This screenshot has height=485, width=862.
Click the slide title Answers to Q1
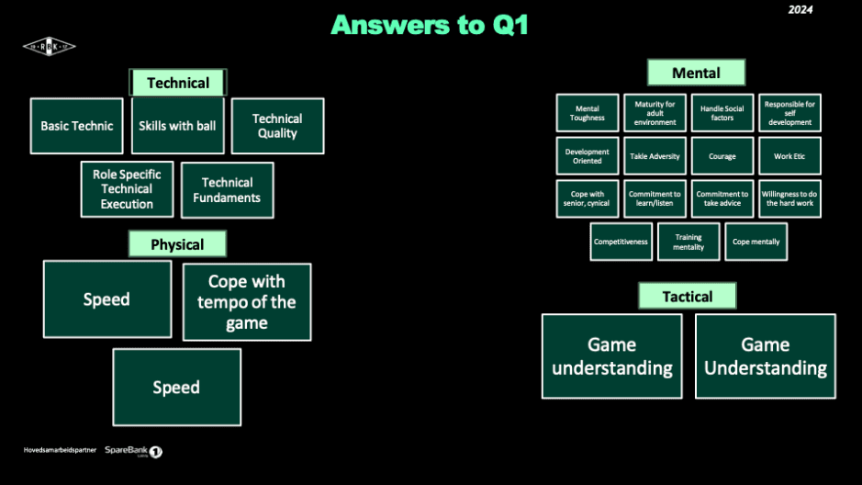click(x=430, y=25)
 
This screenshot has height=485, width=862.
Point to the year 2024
click(x=800, y=10)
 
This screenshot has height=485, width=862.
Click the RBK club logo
click(x=49, y=46)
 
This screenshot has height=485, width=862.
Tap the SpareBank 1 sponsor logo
click(x=133, y=451)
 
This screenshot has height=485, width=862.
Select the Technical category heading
click(x=178, y=83)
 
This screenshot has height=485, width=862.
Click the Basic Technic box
click(x=76, y=126)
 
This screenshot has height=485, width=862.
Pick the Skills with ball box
click(x=177, y=126)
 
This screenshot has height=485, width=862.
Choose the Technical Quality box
click(x=277, y=126)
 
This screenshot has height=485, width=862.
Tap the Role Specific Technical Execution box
click(x=127, y=189)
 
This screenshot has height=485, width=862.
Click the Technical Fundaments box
click(x=228, y=190)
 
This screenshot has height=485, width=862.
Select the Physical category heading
click(x=177, y=244)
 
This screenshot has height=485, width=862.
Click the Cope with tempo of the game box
click(x=247, y=302)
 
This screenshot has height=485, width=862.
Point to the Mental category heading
click(x=696, y=73)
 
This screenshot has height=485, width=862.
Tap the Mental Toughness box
click(x=588, y=113)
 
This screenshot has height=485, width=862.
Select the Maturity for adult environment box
click(x=655, y=113)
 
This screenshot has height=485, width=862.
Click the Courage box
click(x=722, y=156)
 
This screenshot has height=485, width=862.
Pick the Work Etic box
click(x=789, y=156)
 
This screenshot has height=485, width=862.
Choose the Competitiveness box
click(x=621, y=242)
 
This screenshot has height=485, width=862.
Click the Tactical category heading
click(x=688, y=296)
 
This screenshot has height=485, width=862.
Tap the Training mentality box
click(x=688, y=242)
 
